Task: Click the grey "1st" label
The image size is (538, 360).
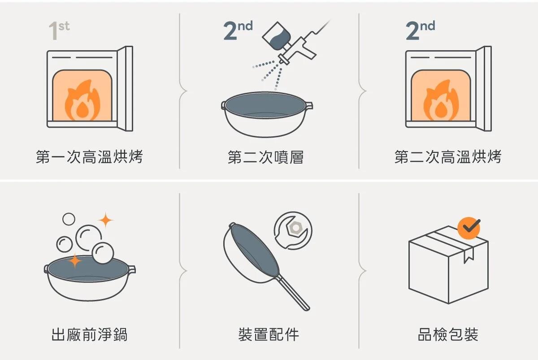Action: pyautogui.click(x=59, y=30)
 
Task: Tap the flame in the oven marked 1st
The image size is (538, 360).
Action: pyautogui.click(x=82, y=100)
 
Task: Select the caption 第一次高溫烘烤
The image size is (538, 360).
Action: pyautogui.click(x=89, y=157)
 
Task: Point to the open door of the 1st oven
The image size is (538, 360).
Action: pyautogui.click(x=125, y=89)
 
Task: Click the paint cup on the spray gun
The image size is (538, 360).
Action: pyautogui.click(x=277, y=36)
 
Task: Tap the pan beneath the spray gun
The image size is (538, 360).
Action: pyautogui.click(x=267, y=114)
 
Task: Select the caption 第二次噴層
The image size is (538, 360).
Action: pyautogui.click(x=265, y=157)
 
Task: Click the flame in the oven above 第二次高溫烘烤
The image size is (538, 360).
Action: pyautogui.click(x=441, y=100)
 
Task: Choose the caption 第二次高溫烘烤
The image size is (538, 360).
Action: pyautogui.click(x=448, y=157)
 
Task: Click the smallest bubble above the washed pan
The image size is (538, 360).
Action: pyautogui.click(x=69, y=219)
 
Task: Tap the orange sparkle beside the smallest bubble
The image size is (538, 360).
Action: pyautogui.click(x=105, y=220)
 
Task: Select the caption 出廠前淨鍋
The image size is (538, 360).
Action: pyautogui.click(x=89, y=334)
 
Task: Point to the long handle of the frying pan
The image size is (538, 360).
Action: pyautogui.click(x=293, y=293)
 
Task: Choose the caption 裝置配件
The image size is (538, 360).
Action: pyautogui.click(x=269, y=334)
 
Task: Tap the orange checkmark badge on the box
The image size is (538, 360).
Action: pyautogui.click(x=469, y=228)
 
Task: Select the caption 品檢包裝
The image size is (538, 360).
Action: pyautogui.click(x=448, y=334)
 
